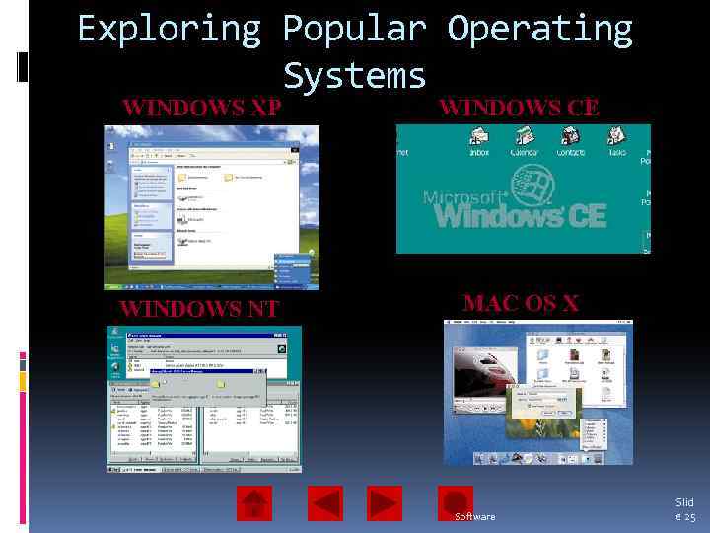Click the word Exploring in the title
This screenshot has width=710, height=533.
tap(169, 30)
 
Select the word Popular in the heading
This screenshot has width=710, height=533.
tap(354, 30)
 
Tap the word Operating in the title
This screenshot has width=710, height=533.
tap(539, 30)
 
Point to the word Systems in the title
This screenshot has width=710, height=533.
tap(354, 75)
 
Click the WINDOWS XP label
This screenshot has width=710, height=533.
tap(201, 107)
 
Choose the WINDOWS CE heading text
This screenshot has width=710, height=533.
tap(519, 107)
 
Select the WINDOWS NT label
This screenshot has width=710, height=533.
tap(198, 309)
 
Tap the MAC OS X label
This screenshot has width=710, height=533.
tap(521, 303)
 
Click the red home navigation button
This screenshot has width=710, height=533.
tap(254, 503)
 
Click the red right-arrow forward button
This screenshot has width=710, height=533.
tap(385, 503)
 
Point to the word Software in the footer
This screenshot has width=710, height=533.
tap(475, 517)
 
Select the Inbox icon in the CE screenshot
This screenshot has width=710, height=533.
tap(479, 139)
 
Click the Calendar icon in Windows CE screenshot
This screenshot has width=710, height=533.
tap(524, 139)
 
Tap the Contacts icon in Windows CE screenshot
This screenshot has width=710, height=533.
tap(570, 139)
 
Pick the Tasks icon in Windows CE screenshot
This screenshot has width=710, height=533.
tap(617, 139)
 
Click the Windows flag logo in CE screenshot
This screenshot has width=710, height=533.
tap(533, 184)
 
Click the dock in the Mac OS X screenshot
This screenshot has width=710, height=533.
tap(537, 456)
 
